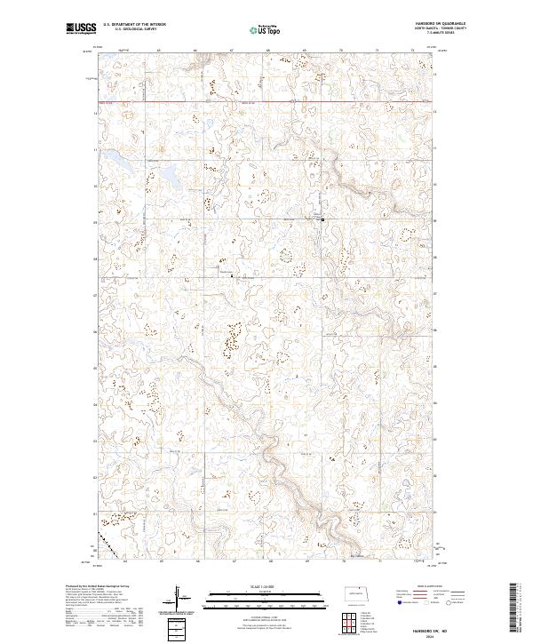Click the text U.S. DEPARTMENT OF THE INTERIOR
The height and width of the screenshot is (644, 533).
coord(133,25)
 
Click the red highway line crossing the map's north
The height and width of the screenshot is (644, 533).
coord(266,100)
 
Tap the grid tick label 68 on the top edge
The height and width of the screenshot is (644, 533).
coord(269,51)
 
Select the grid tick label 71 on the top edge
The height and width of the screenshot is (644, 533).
coord(378,51)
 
